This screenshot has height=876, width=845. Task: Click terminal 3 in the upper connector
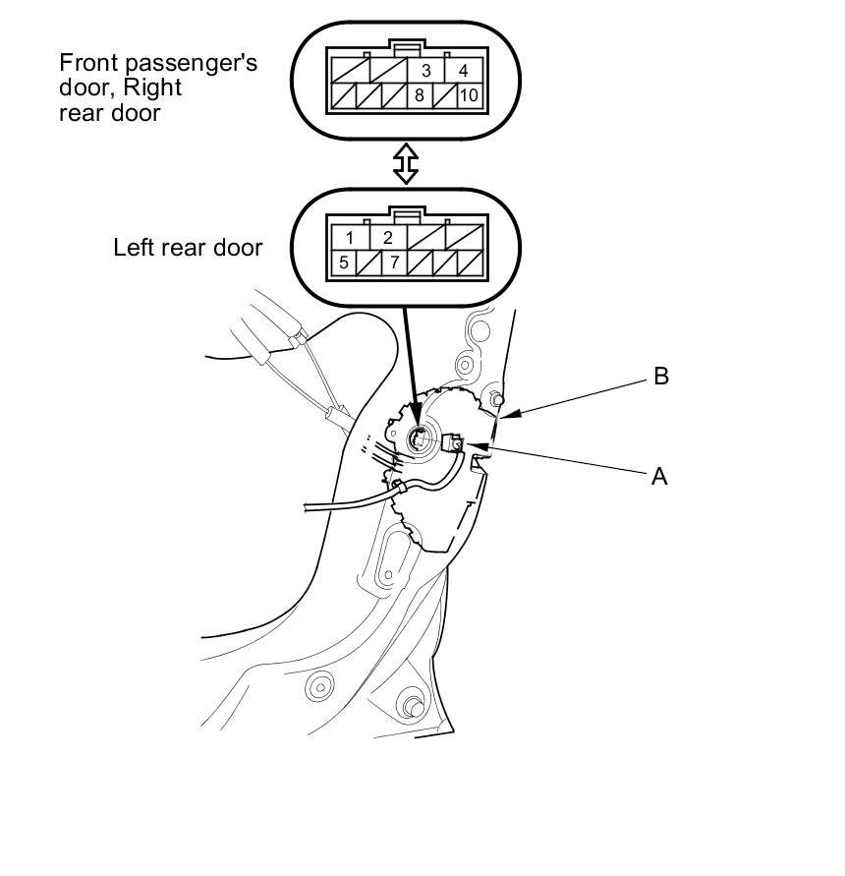point(426,71)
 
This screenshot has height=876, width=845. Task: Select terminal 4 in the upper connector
point(464,71)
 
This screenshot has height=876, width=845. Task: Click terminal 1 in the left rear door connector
point(350,238)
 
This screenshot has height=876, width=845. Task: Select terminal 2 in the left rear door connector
point(387,238)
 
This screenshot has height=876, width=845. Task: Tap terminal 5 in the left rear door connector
point(343,263)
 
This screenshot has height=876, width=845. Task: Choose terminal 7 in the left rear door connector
point(395,263)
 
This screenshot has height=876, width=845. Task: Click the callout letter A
point(659,476)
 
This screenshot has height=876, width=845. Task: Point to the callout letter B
point(661,377)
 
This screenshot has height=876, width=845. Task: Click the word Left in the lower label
point(134,247)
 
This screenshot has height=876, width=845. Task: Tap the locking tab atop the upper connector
point(405,44)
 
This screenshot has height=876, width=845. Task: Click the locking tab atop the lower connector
point(405,211)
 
